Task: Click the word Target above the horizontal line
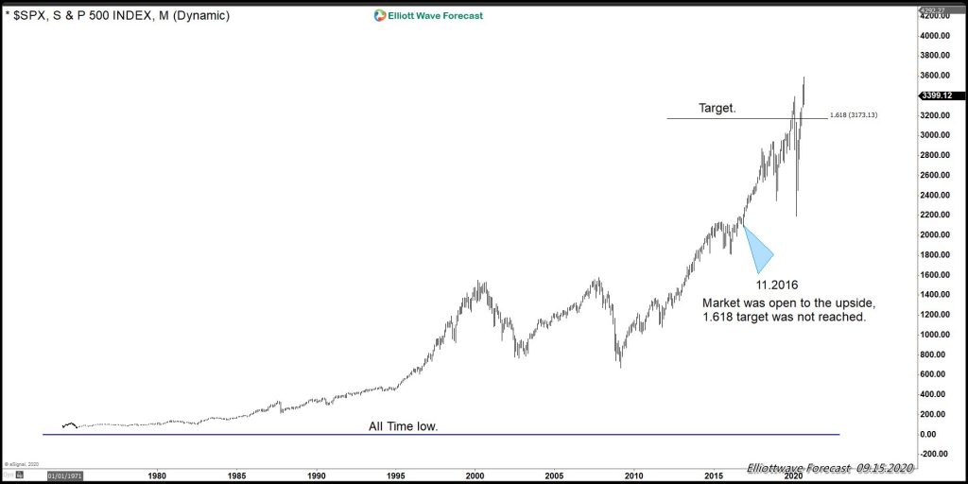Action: tap(717, 109)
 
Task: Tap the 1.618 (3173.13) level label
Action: tap(854, 115)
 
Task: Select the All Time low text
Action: tap(403, 427)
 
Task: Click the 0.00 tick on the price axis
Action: tap(942, 434)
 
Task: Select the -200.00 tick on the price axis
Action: tap(939, 454)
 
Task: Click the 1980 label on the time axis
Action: tap(157, 475)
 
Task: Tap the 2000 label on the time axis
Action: tap(475, 475)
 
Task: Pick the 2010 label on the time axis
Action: tap(634, 475)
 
